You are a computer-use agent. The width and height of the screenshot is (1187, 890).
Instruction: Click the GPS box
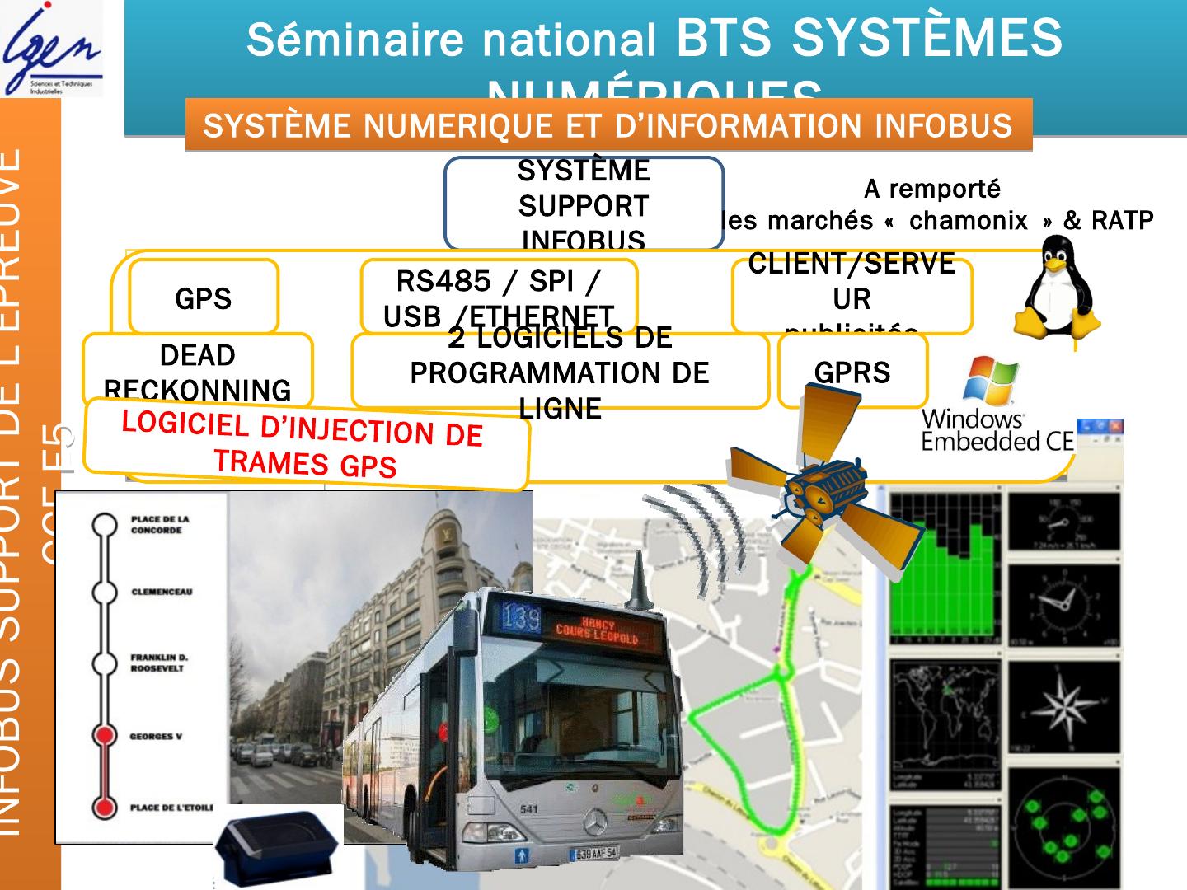coord(204,298)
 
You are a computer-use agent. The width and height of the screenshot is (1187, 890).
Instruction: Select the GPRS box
coord(852,372)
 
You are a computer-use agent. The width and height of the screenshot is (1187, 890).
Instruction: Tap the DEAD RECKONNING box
coord(198,371)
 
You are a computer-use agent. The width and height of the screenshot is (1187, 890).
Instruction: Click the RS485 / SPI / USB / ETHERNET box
coord(499,297)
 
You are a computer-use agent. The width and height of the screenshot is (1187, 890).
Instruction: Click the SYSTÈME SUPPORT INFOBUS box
coord(584,204)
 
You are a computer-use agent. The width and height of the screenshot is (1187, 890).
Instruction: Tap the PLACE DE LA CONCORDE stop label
coord(160,525)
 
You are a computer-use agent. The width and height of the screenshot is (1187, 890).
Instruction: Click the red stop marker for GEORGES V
coord(104,736)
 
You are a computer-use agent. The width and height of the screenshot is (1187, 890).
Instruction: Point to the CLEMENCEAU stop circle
coord(104,592)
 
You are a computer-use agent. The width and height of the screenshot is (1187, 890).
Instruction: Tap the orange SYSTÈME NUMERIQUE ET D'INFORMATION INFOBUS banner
coord(608,125)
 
